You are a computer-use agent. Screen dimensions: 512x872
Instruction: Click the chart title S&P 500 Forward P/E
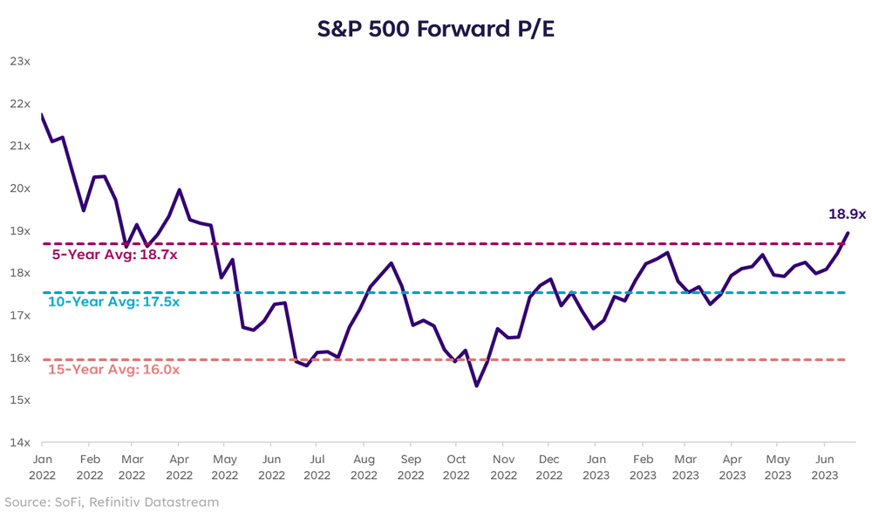436,28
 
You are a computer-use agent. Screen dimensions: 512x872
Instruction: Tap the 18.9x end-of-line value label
847,214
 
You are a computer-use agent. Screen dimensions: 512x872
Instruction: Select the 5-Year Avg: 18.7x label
114,255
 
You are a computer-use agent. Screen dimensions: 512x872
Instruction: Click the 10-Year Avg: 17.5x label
113,302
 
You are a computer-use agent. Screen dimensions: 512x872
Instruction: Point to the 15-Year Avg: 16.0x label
113,369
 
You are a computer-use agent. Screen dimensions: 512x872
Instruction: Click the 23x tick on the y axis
19,61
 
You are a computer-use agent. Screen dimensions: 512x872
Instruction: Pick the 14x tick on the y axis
19,443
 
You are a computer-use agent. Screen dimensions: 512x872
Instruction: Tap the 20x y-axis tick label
19,188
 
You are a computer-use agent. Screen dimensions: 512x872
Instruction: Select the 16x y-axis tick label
19,358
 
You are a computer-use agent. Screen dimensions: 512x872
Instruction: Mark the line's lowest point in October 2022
476,386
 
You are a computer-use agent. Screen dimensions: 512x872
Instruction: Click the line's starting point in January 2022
42,114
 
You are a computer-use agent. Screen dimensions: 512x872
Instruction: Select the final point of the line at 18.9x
848,233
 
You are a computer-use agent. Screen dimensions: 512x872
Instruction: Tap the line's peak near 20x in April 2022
179,189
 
